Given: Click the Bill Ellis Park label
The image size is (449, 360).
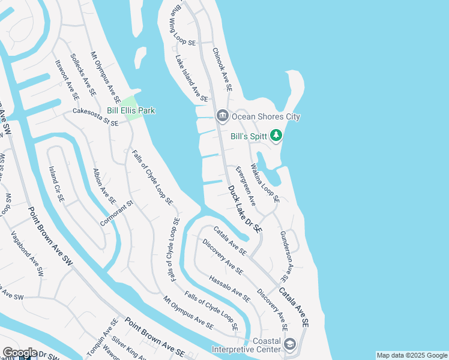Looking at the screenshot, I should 130,110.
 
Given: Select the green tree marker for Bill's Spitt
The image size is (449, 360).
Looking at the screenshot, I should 276,136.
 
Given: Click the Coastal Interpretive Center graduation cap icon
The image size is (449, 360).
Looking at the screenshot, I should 290,344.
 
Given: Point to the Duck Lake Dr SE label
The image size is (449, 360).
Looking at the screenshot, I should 246,209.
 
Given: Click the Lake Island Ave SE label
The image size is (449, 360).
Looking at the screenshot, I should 191,78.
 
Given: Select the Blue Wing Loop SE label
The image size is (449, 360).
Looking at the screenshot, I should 184,30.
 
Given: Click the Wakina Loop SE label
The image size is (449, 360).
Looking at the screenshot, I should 264,182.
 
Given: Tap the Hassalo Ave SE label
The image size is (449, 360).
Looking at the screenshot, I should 229,288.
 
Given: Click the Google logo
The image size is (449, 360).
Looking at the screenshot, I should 20,353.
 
